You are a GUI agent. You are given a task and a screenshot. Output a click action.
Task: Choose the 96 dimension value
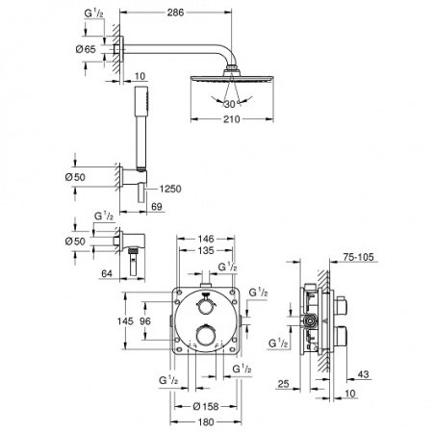(145, 321)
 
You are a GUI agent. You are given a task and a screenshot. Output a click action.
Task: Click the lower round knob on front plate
(207, 336)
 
